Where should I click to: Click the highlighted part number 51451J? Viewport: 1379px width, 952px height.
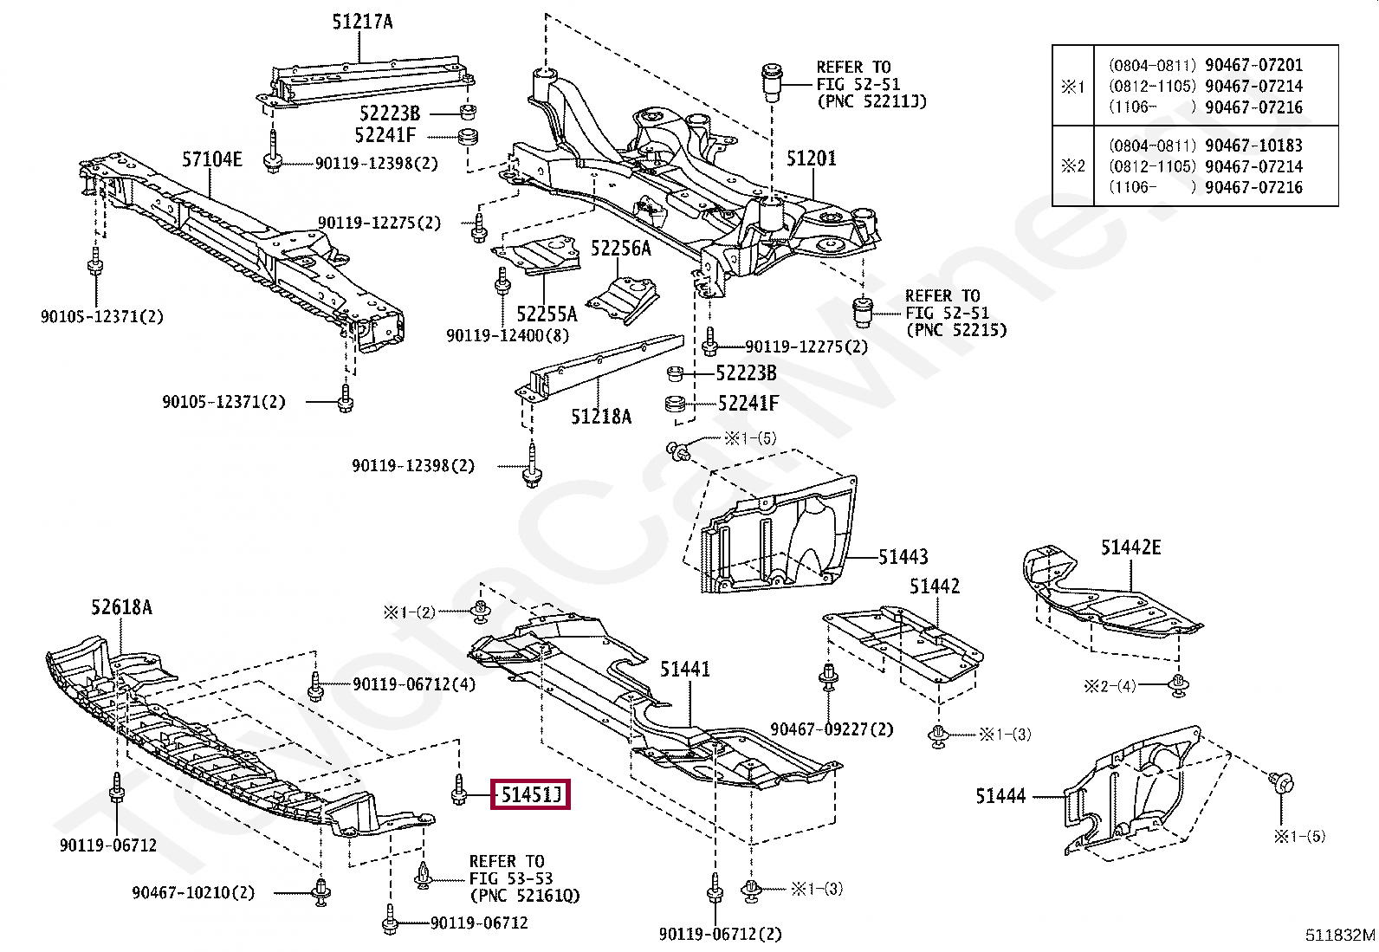click(x=530, y=793)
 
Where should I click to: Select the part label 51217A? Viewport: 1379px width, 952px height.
click(x=361, y=22)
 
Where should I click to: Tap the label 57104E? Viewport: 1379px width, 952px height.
click(x=211, y=159)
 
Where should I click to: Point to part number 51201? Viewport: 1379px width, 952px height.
click(x=811, y=159)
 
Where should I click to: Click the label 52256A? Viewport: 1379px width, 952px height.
click(x=620, y=249)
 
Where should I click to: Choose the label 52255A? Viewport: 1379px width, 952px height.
click(x=547, y=314)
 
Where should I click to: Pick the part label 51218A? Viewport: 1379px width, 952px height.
click(x=601, y=417)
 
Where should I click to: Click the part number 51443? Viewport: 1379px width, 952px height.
click(x=903, y=557)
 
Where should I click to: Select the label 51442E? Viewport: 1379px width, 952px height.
click(x=1130, y=547)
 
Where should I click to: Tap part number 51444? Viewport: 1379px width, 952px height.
click(x=1000, y=795)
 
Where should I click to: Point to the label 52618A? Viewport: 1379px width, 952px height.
click(x=121, y=608)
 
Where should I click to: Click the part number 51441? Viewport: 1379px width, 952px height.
click(x=684, y=669)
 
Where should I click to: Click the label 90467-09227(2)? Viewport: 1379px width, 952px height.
click(x=832, y=729)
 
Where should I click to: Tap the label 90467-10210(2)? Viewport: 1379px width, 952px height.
click(x=193, y=892)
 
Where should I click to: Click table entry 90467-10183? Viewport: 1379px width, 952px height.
click(x=1253, y=146)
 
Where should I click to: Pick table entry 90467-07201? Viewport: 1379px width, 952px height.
click(x=1253, y=65)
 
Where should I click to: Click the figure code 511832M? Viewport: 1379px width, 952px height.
click(x=1340, y=936)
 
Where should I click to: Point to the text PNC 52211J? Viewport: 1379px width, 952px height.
click(x=871, y=101)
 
